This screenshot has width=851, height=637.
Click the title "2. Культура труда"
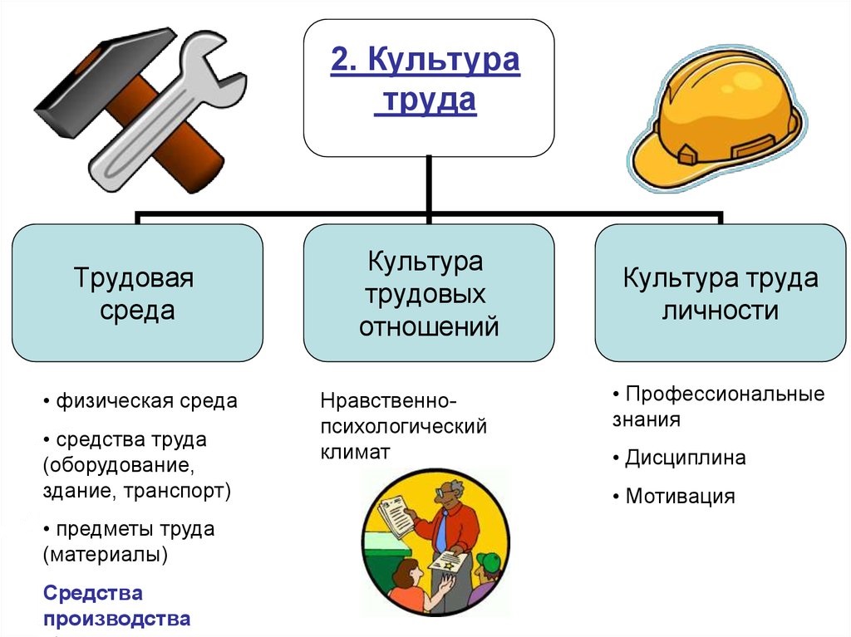pyautogui.click(x=425, y=80)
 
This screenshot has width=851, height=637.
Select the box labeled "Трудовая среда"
pyautogui.click(x=137, y=293)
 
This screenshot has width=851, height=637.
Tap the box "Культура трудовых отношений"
pyautogui.click(x=429, y=293)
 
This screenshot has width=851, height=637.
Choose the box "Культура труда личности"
pyautogui.click(x=721, y=293)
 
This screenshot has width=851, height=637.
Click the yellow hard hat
pyautogui.click(x=716, y=120)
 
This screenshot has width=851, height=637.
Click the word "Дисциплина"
pyautogui.click(x=686, y=458)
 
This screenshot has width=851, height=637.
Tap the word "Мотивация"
pyautogui.click(x=680, y=496)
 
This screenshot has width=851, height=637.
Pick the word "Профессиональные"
pyautogui.click(x=725, y=394)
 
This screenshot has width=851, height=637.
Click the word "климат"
pyautogui.click(x=355, y=452)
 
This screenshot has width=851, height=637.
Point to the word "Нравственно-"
pyautogui.click(x=389, y=401)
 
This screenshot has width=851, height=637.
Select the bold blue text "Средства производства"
pyautogui.click(x=116, y=605)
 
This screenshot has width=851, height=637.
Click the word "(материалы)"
pyautogui.click(x=106, y=555)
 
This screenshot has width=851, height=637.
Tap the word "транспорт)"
pyautogui.click(x=177, y=491)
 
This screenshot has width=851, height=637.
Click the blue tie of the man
pyautogui.click(x=442, y=529)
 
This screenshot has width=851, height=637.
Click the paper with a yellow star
pyautogui.click(x=449, y=561)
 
